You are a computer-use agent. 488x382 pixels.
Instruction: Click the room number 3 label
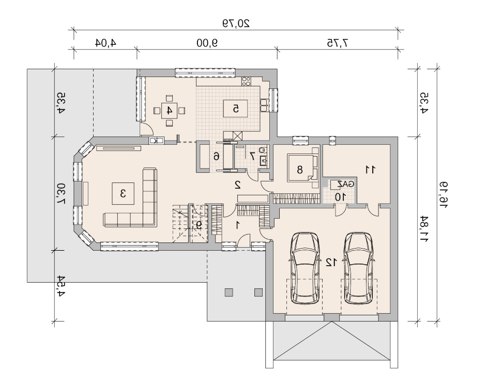123,193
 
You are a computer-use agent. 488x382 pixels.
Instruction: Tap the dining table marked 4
169,111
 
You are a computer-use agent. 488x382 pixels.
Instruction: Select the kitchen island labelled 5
236,109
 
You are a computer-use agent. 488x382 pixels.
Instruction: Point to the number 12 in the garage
331,262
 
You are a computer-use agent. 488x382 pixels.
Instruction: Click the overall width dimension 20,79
236,23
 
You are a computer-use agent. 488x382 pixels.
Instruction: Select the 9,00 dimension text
207,43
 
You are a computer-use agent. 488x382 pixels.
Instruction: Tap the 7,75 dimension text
338,43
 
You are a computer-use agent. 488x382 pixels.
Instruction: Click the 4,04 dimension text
105,43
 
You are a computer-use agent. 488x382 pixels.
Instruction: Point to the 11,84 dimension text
424,229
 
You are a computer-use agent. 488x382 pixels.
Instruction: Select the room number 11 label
370,170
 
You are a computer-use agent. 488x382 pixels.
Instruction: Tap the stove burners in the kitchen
246,81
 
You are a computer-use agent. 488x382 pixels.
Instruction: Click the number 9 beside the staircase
199,224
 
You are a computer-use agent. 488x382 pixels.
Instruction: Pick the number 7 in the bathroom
252,156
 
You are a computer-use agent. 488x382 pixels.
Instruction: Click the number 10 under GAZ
340,197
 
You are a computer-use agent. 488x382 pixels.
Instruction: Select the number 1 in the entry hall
238,225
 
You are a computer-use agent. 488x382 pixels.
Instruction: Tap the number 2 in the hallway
238,185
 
